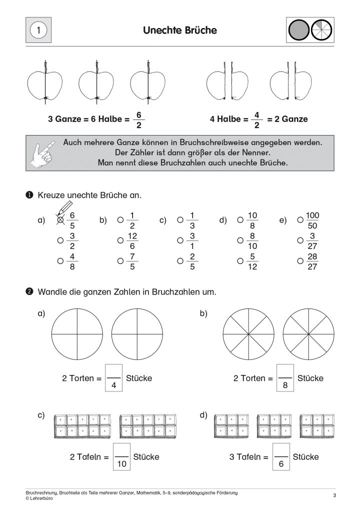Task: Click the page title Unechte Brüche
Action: point(180,30)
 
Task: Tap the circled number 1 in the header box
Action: point(38,30)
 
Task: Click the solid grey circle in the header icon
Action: point(298,30)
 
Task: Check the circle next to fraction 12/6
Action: point(120,240)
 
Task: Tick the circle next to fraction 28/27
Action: point(300,260)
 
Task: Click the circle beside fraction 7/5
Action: point(120,260)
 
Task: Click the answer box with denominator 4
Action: point(114,378)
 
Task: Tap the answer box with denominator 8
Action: point(285,378)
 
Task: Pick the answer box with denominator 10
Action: point(121,457)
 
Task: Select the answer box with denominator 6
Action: point(281,457)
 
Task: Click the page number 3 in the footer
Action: point(333,495)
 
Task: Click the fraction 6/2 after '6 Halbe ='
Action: point(139,119)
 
